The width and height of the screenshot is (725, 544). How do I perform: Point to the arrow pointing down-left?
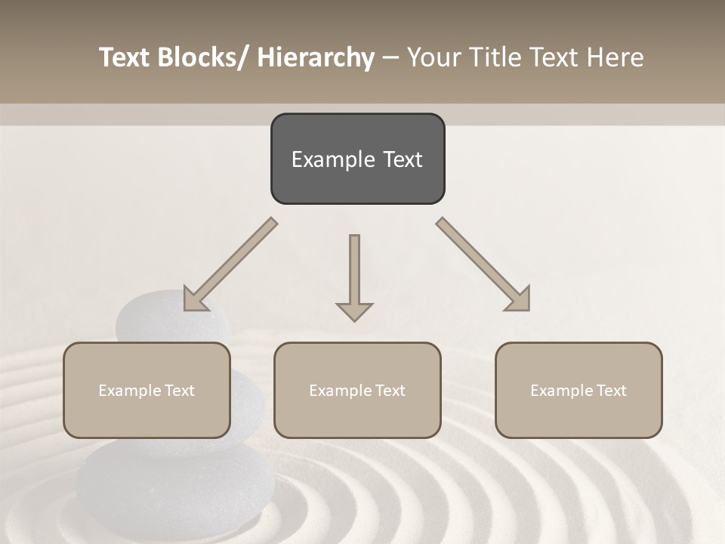tap(230, 265)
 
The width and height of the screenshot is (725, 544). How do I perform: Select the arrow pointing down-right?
tap(483, 265)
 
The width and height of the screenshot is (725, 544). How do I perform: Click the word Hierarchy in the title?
tap(316, 57)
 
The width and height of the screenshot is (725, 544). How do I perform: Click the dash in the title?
tap(390, 57)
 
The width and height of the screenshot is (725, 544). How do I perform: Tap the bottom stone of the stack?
tap(174, 484)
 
